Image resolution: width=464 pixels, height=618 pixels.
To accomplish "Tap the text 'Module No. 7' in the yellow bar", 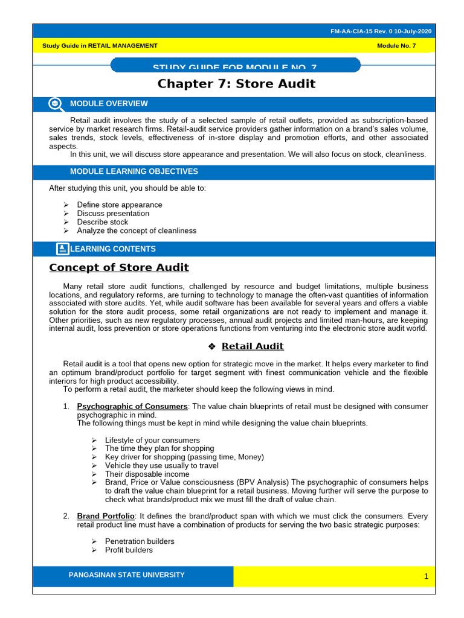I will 396,46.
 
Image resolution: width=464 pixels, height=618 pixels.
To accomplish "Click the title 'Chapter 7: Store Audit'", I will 236,84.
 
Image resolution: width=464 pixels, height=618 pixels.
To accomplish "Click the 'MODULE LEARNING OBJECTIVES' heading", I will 134,171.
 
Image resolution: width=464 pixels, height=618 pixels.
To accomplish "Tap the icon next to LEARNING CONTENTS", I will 62,249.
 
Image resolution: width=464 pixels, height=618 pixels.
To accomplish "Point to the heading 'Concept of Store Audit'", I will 118,267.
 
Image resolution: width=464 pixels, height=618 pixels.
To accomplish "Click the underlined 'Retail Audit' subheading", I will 253,346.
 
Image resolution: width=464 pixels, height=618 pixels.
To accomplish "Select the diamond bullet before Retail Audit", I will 211,346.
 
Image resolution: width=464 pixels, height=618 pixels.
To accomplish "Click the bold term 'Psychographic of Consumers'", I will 132,406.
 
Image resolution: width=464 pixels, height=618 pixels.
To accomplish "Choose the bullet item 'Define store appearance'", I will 120,205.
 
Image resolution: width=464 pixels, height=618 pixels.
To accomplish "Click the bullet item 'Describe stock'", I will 103,221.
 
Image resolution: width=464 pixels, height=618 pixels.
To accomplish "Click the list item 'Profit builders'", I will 129,550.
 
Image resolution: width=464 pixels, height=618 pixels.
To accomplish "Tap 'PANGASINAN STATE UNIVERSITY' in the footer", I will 127,575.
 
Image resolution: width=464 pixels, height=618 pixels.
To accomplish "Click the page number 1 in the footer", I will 426,577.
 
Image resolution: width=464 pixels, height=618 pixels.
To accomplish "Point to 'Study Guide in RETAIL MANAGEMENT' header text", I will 100,46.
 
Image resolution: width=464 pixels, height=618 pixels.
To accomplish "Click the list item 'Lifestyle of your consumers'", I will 152,440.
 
